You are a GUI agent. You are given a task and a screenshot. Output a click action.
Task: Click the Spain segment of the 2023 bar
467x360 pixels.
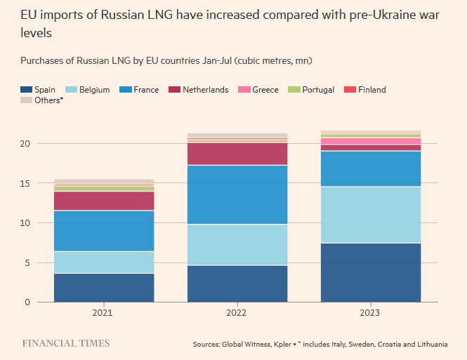pos(371,272)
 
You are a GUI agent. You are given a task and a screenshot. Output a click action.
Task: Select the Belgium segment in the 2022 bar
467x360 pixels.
pos(237,244)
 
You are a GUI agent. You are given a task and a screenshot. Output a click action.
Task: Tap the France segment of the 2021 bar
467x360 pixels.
pos(104,231)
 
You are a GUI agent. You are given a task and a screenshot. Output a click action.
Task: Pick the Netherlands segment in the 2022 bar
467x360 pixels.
pos(237,154)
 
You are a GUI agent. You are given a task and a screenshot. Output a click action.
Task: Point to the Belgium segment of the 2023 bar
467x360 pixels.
pos(371,214)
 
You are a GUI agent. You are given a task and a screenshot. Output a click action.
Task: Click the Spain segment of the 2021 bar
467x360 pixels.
pos(104,288)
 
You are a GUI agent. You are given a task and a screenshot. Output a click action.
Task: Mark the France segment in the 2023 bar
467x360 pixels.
pos(371,168)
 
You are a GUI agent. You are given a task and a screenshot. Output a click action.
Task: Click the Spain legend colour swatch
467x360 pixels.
pos(27,90)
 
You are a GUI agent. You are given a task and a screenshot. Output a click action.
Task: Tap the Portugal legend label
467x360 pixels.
pos(318,90)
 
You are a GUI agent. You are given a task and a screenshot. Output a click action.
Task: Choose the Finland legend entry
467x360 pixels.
pos(372,90)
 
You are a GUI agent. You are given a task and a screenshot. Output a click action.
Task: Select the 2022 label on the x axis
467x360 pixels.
pos(237,313)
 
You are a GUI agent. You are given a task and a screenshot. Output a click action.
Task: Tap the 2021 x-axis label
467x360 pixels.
pos(104,313)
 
